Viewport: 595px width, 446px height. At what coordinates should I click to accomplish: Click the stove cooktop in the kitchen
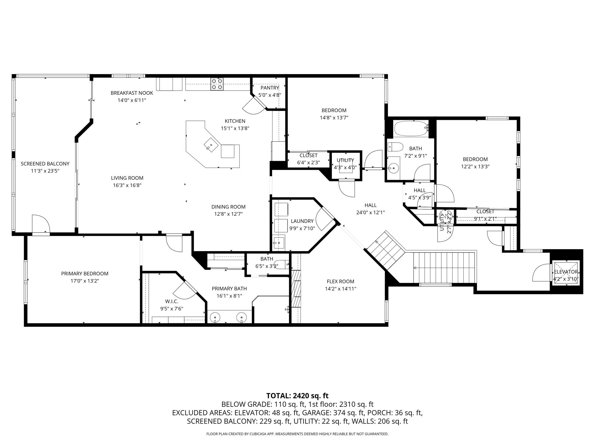[x=217, y=84]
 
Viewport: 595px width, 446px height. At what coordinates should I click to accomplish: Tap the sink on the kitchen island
[x=211, y=144]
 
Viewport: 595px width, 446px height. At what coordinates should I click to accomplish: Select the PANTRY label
[x=270, y=88]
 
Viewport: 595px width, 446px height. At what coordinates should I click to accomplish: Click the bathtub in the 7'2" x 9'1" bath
[x=411, y=128]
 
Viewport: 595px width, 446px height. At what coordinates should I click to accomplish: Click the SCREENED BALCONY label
[x=45, y=164]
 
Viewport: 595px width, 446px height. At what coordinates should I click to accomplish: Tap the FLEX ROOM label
[x=340, y=281]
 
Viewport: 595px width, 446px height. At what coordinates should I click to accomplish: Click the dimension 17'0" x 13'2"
[x=85, y=281]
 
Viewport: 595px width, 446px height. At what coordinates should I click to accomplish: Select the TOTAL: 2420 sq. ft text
[x=297, y=396]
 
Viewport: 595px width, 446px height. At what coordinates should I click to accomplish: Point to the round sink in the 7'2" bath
[x=393, y=168]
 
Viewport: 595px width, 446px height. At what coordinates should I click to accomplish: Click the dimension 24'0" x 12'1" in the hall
[x=370, y=213]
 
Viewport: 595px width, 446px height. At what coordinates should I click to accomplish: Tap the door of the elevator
[x=542, y=273]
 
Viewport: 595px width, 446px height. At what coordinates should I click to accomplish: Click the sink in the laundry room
[x=279, y=242]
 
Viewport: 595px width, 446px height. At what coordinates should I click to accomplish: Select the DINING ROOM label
[x=228, y=207]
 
